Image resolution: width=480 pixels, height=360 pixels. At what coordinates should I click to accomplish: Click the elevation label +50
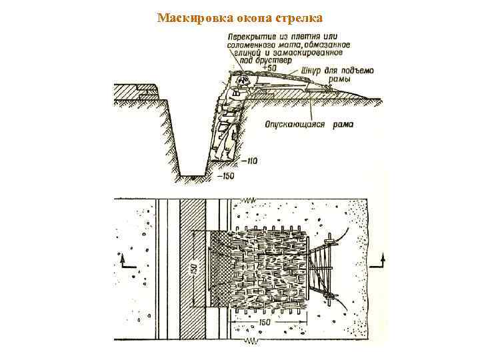tap(270, 67)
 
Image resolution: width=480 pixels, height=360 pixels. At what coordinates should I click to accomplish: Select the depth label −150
tap(227, 175)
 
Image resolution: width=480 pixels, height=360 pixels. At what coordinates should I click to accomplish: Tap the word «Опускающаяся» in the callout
tap(293, 123)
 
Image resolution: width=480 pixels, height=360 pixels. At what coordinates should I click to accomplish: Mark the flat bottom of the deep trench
tap(194, 177)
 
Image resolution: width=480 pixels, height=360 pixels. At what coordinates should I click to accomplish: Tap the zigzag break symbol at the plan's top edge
tap(250, 199)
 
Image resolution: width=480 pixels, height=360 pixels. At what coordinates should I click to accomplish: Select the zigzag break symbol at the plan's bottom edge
tap(251, 342)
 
